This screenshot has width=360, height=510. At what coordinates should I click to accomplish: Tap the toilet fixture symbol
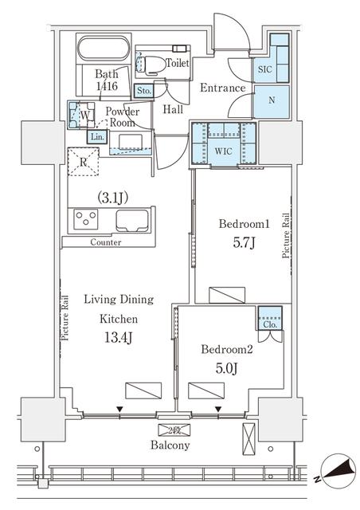pyautogui.click(x=151, y=63)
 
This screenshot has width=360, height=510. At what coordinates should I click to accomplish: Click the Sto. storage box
pyautogui.click(x=144, y=91)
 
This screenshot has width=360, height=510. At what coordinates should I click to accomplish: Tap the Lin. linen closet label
pyautogui.click(x=96, y=138)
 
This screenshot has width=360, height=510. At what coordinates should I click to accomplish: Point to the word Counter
pyautogui.click(x=105, y=242)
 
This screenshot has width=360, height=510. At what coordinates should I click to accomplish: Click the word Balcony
pyautogui.click(x=170, y=446)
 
